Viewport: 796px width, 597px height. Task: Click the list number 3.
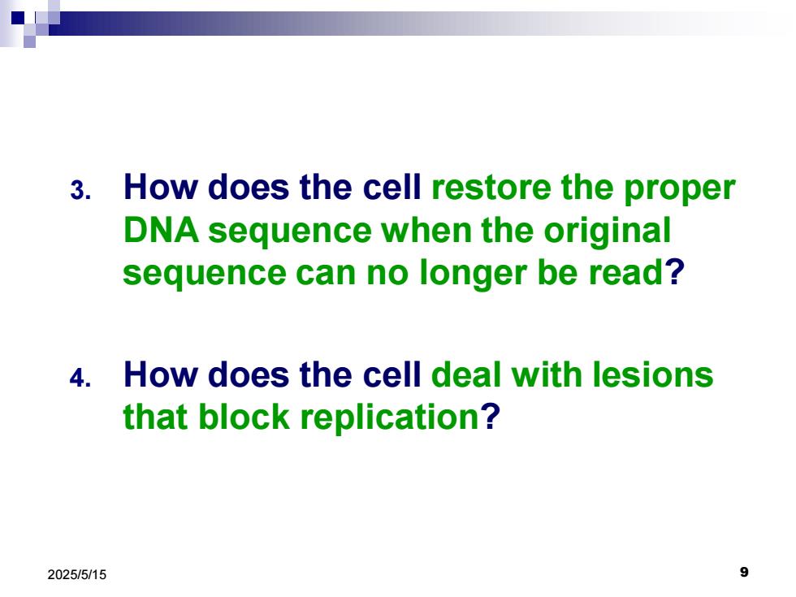click(80, 191)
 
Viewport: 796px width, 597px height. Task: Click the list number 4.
click(80, 379)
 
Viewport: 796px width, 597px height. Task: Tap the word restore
click(491, 188)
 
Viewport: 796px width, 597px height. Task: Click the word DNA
click(161, 230)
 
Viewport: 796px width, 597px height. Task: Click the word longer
click(473, 275)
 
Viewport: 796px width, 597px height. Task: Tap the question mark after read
click(675, 272)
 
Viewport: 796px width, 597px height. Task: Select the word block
click(244, 417)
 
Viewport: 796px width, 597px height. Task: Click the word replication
click(389, 420)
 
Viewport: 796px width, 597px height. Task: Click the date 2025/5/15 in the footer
click(77, 575)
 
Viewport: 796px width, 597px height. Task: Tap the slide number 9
click(744, 572)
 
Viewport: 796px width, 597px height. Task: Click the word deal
click(466, 374)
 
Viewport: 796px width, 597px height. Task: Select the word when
click(427, 230)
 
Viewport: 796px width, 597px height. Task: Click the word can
click(327, 275)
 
